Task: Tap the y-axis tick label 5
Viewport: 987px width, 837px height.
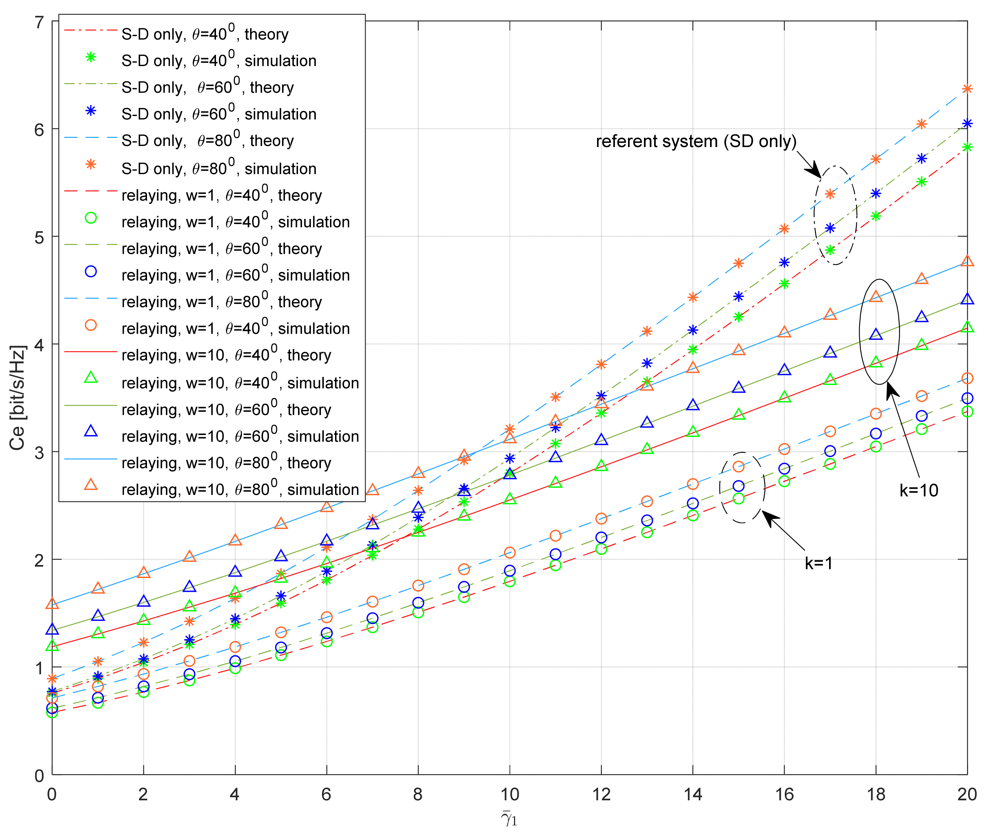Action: pyautogui.click(x=39, y=237)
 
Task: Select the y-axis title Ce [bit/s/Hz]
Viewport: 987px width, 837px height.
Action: pyautogui.click(x=17, y=398)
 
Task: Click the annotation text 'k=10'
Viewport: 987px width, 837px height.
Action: pyautogui.click(x=919, y=490)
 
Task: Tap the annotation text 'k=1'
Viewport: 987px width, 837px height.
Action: pyautogui.click(x=819, y=563)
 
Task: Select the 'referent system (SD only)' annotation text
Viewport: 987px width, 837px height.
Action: pyautogui.click(x=696, y=141)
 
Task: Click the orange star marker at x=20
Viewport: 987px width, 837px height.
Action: pyautogui.click(x=967, y=89)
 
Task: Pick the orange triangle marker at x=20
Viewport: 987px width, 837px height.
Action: pyautogui.click(x=967, y=261)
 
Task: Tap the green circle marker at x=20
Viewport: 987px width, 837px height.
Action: pyautogui.click(x=967, y=411)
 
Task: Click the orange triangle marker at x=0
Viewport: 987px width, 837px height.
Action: pyautogui.click(x=52, y=604)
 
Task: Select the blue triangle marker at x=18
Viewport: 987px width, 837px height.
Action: pyautogui.click(x=876, y=334)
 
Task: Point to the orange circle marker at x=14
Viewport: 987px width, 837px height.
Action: pyautogui.click(x=693, y=484)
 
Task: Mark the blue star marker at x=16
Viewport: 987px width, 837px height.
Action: pyautogui.click(x=784, y=263)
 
